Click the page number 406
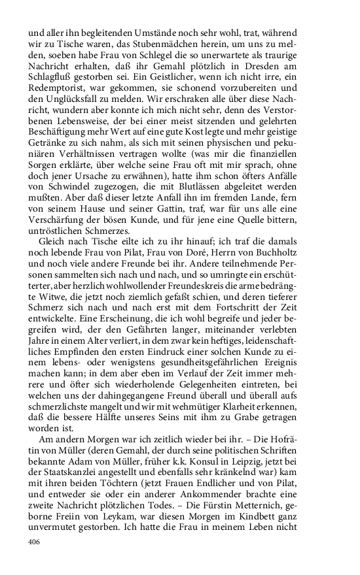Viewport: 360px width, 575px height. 33,541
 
